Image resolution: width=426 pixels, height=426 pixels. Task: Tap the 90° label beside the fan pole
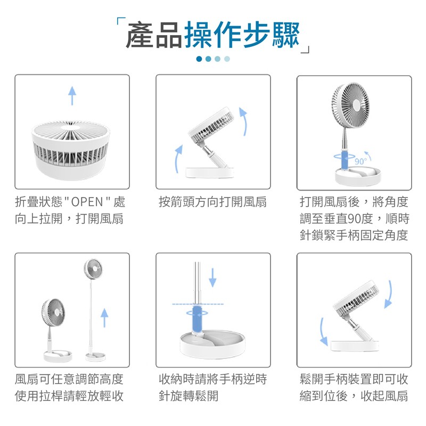(x=361, y=161)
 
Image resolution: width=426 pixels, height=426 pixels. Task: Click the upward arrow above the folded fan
(x=72, y=95)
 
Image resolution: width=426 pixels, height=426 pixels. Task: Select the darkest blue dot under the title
(x=199, y=59)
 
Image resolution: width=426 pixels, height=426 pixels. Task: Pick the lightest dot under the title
(x=227, y=59)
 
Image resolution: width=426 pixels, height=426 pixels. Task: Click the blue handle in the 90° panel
(x=345, y=161)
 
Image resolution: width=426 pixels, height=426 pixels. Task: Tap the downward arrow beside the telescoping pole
(x=212, y=277)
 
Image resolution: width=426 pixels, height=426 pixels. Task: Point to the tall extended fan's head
(x=93, y=269)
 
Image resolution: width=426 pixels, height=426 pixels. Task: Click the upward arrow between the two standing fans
(x=104, y=317)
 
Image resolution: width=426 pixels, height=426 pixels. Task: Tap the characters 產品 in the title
(x=154, y=35)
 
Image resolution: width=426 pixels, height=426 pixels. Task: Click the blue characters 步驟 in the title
(x=271, y=35)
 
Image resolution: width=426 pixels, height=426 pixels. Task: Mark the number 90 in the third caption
(x=354, y=219)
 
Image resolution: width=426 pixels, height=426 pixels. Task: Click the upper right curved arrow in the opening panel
(x=243, y=121)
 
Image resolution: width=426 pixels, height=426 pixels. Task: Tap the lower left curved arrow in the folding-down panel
(x=323, y=332)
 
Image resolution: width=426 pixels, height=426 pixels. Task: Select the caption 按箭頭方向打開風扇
(x=212, y=202)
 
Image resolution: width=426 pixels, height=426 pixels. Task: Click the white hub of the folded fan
(x=70, y=127)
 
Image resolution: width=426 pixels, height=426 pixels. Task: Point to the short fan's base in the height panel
(x=58, y=356)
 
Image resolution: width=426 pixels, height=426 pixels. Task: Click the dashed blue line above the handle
(x=198, y=304)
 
